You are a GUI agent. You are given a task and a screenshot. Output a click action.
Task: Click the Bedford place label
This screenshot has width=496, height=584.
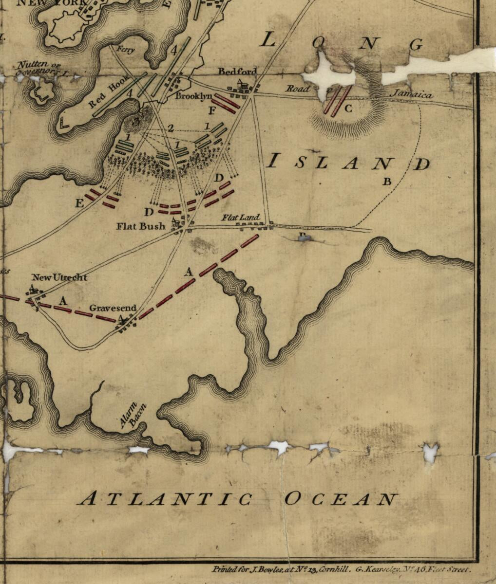click(x=237, y=72)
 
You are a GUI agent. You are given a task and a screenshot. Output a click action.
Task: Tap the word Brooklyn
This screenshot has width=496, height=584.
click(x=193, y=96)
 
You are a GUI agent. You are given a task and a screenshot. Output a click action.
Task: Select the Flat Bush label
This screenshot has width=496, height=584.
click(x=140, y=226)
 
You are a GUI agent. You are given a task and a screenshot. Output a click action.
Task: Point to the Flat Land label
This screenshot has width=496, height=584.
click(x=241, y=218)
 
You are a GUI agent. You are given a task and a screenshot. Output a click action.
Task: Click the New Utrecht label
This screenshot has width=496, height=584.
click(x=59, y=277)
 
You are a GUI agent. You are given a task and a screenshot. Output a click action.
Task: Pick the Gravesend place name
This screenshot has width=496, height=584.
click(x=113, y=309)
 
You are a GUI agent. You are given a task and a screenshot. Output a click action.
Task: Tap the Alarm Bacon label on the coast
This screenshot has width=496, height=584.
click(x=133, y=416)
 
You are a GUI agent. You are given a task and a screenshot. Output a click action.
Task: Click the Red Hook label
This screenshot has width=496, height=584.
click(x=110, y=91)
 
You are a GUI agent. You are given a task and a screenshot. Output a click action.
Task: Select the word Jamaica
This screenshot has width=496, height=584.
click(x=412, y=95)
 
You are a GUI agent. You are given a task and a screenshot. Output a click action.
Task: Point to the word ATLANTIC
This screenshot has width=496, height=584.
click(x=165, y=499)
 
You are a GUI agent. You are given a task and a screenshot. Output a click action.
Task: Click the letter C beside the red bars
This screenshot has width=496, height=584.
click(x=348, y=109)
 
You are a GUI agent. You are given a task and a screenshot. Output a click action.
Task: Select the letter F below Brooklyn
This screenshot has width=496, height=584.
click(x=212, y=111)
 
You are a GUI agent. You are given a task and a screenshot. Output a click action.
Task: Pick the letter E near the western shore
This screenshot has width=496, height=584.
click(x=79, y=203)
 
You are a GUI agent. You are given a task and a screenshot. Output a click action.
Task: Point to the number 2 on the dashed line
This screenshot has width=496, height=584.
click(x=171, y=128)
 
